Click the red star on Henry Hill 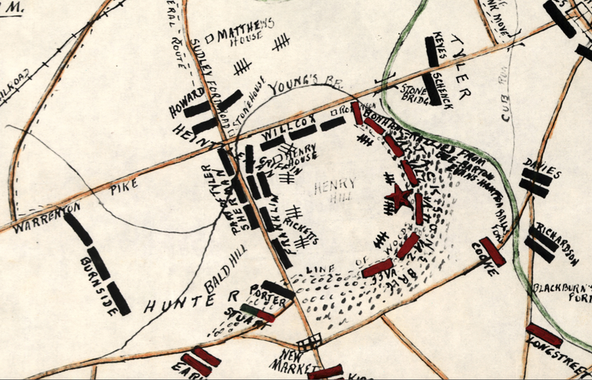[398, 198]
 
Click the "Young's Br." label [299, 90]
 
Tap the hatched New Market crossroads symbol [309, 342]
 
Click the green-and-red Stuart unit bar [257, 313]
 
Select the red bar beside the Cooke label [492, 251]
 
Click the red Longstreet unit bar [544, 335]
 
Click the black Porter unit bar [278, 289]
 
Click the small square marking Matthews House [209, 35]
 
